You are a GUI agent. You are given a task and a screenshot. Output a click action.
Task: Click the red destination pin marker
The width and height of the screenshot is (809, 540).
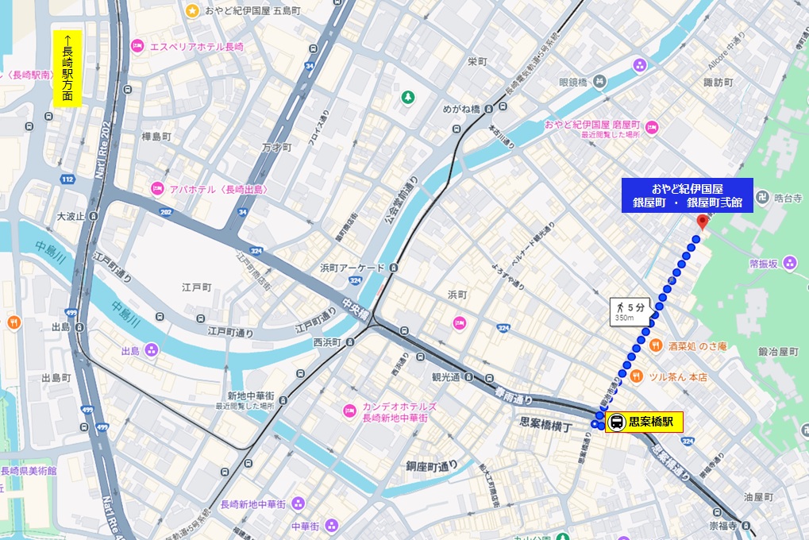pyautogui.click(x=701, y=222)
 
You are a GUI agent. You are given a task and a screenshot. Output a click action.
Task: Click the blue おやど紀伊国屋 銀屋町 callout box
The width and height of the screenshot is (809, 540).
pyautogui.click(x=687, y=195)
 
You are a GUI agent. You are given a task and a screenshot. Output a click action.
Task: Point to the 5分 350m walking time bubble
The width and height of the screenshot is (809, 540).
pyautogui.click(x=630, y=310)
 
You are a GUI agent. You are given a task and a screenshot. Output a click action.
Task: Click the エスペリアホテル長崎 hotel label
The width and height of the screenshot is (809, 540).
pyautogui.click(x=196, y=47)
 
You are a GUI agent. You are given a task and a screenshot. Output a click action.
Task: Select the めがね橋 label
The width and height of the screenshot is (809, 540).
pyautogui.click(x=464, y=109)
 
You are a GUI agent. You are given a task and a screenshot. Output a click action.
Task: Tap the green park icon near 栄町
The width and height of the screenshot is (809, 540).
pyautogui.click(x=407, y=97)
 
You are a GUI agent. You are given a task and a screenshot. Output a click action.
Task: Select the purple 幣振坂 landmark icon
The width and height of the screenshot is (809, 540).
pyautogui.click(x=789, y=263)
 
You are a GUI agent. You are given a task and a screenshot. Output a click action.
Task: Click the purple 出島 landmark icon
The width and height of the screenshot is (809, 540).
pyautogui.click(x=151, y=349)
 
